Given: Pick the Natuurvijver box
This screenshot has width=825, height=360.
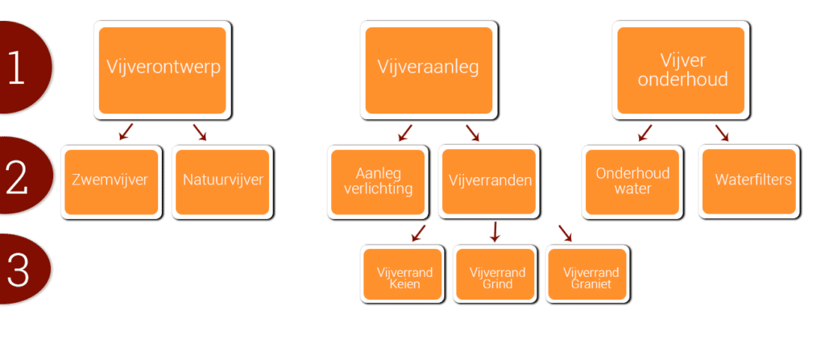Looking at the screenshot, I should coord(222,180).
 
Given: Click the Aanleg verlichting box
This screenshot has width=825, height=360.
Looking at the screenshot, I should coord(377,182).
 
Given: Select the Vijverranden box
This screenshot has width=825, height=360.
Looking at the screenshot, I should coord(488,181).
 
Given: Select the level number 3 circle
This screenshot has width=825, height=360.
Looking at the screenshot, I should coord(18,270).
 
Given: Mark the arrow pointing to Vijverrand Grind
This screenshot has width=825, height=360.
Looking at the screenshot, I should coord(495,233).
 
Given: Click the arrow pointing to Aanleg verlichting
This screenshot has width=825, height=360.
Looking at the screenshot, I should coord(404,132).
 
